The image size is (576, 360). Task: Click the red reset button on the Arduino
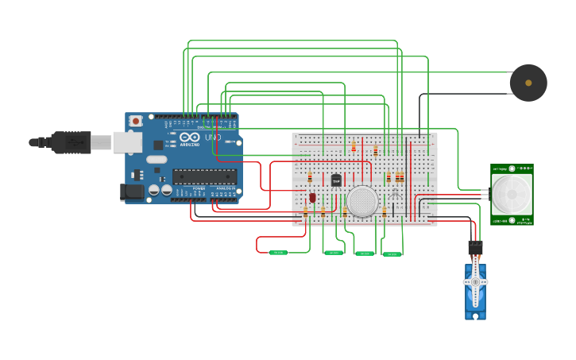click(136, 121)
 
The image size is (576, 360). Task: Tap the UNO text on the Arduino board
click(213, 137)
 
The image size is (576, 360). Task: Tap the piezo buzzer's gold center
click(528, 83)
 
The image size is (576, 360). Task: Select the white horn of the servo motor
click(476, 282)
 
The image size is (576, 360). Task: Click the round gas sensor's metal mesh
click(361, 201)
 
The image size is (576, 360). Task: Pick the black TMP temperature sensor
click(336, 180)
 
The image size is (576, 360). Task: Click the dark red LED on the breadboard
click(312, 197)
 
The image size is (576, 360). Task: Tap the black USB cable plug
click(72, 141)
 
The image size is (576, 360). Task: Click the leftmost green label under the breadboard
click(278, 253)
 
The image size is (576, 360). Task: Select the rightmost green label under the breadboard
click(392, 254)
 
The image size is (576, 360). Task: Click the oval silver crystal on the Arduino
click(157, 160)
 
